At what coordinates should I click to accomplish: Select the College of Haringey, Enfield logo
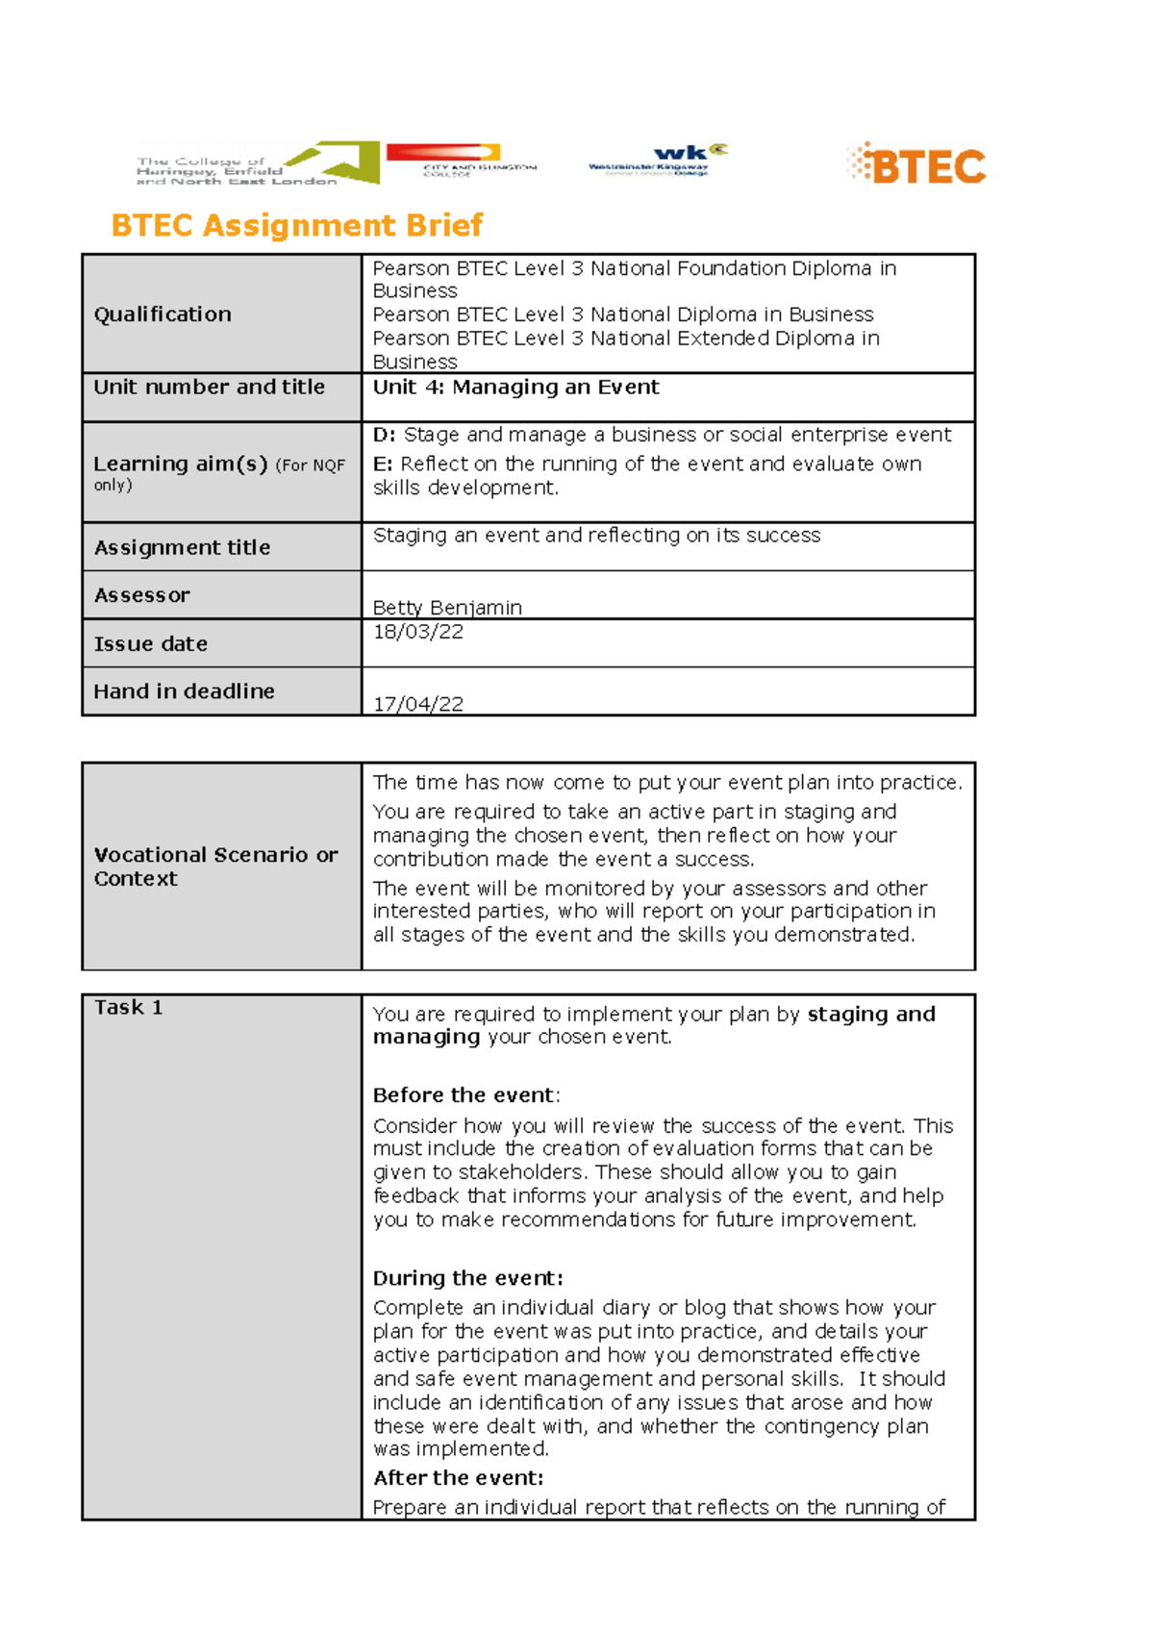pos(257,164)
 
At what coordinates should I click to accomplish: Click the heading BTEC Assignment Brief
pos(296,225)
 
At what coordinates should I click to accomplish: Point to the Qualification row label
pos(163,314)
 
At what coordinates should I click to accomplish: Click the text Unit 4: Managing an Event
pos(515,388)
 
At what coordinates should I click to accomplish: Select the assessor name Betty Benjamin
pos(447,608)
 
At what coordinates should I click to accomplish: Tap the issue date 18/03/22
pos(418,632)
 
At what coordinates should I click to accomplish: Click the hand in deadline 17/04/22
pos(418,704)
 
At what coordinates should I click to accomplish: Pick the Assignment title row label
pos(182,547)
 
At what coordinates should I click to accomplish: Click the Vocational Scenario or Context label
pos(215,867)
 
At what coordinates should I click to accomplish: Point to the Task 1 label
pos(128,1008)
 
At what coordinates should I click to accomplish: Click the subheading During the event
pos(467,1278)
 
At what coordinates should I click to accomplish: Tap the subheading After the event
pos(458,1478)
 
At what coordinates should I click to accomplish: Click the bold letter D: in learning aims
pos(384,436)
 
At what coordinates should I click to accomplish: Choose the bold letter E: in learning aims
pos(383,465)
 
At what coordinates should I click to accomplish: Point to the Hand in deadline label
pos(184,691)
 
